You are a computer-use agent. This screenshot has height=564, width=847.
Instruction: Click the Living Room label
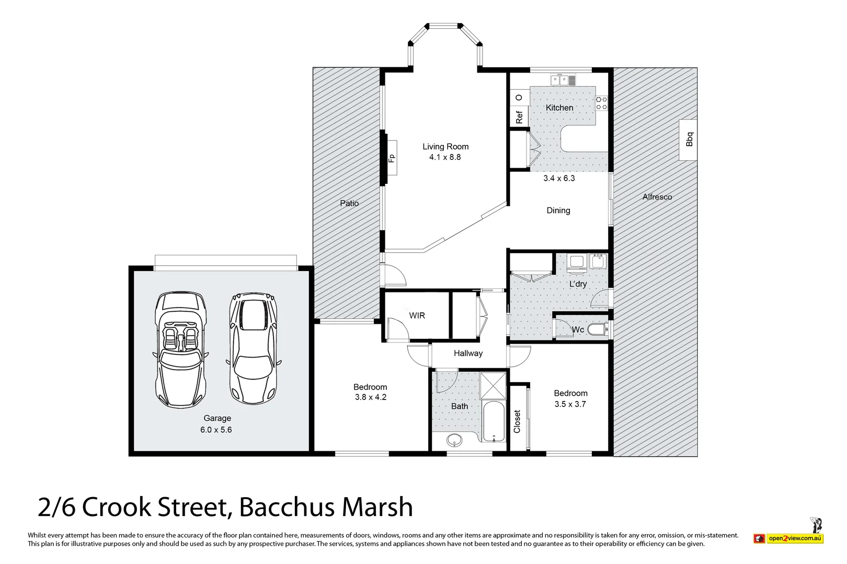pos(445,147)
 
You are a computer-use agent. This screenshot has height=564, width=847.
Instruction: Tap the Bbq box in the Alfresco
pos(688,140)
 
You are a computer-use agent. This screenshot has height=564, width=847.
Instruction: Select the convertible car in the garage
pos(180,349)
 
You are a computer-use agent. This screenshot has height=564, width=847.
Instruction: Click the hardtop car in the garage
pos(254,348)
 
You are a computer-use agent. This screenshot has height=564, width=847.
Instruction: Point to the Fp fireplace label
pos(392,158)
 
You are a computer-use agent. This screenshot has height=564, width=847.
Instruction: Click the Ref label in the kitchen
pos(519,117)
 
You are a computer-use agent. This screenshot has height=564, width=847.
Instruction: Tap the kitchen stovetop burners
pos(602,103)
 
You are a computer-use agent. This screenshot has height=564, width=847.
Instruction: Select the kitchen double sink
pos(563,80)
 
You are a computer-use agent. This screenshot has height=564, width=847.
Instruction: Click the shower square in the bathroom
pos(493,386)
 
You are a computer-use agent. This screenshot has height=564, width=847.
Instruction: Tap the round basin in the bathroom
pos(454,440)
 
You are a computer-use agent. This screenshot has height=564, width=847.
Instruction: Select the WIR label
pos(417,316)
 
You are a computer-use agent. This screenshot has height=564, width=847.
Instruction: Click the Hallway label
pos(468,354)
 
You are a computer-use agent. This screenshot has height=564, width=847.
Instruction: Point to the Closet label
pos(517,421)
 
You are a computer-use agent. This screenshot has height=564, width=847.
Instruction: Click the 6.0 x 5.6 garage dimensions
pos(216,430)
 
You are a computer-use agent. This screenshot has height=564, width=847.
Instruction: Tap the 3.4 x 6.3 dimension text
pos(559,178)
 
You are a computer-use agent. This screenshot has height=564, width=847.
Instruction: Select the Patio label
pos(349,204)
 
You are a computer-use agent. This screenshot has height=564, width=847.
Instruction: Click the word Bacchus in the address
pos(287,507)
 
